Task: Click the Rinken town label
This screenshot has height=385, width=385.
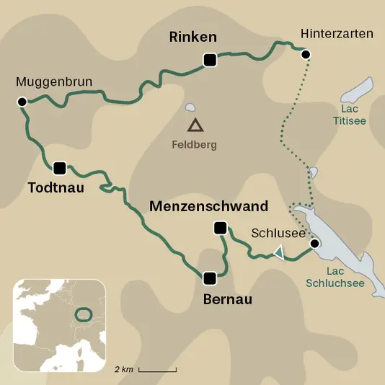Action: pos(192,37)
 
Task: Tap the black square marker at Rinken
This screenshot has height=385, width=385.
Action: pos(210,61)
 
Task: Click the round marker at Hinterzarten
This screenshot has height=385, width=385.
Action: pos(306,54)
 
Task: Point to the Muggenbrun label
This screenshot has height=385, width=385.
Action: pos(54,82)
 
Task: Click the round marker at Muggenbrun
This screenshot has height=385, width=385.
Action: pos(22,102)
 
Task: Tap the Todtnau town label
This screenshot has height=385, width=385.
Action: pos(56,188)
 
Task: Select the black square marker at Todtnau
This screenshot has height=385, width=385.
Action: pos(59,168)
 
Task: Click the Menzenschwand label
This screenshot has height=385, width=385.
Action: pos(208,206)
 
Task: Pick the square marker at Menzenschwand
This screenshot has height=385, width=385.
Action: pos(220,229)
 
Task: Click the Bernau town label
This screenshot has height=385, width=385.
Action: pos(228,298)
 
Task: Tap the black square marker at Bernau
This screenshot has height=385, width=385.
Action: pos(210,278)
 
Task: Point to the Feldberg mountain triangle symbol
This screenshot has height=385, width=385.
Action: pos(195,125)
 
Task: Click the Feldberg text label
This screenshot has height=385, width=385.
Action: pos(194,144)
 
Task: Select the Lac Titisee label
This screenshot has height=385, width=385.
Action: pos(350,115)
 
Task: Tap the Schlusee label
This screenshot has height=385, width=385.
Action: pos(273,233)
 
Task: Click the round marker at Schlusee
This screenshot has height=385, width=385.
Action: pos(314,244)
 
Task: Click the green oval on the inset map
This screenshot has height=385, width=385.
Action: pos(84,315)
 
